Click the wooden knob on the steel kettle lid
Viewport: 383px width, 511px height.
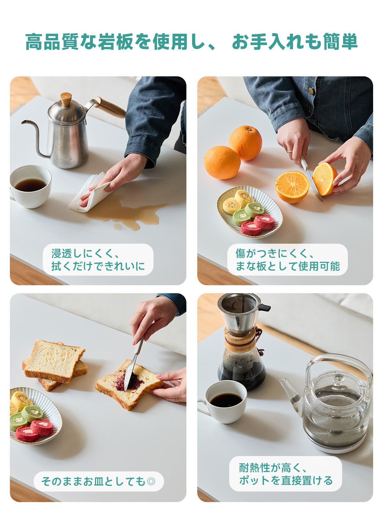pyautogui.click(x=66, y=99)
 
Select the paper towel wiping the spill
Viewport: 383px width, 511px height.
pyautogui.click(x=90, y=192)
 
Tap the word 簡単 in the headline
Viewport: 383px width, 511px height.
pyautogui.click(x=340, y=42)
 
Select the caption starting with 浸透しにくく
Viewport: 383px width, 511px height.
pyautogui.click(x=98, y=260)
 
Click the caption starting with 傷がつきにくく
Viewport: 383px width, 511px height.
pyautogui.click(x=288, y=260)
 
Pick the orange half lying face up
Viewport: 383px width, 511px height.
pyautogui.click(x=292, y=187)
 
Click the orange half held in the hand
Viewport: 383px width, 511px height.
pyautogui.click(x=325, y=179)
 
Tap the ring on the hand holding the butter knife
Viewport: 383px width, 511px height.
pyautogui.click(x=140, y=314)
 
